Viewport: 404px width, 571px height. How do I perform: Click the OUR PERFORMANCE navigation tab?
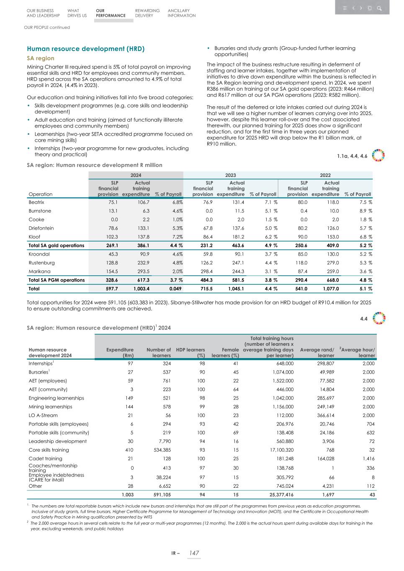pos(111,13)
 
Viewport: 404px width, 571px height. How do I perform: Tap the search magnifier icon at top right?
pos(379,8)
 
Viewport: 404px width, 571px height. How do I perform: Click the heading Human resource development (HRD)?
pos(85,49)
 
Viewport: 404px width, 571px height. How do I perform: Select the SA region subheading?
pos(41,58)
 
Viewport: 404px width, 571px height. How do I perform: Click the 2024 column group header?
pos(136,175)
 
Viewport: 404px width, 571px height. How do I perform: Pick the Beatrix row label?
pos(36,202)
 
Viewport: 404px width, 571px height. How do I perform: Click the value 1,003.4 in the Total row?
pos(141,289)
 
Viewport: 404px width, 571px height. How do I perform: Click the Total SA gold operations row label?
pos(56,246)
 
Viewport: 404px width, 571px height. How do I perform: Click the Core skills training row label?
pos(49,450)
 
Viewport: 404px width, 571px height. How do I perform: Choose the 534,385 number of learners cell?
pos(160,450)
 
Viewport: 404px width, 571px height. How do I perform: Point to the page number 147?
pos(194,553)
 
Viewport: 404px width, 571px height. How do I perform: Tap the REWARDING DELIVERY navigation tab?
pos(147,13)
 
